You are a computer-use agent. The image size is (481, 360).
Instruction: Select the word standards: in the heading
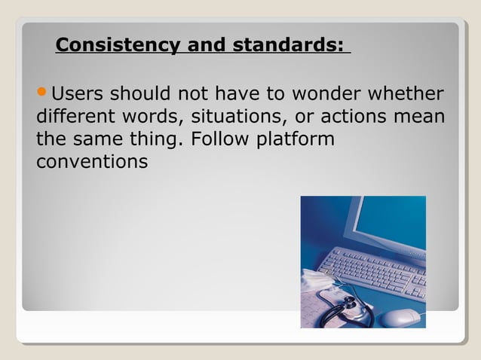[x=290, y=46]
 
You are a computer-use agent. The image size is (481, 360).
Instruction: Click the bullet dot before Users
[x=42, y=96]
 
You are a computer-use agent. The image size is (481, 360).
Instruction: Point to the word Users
[x=78, y=96]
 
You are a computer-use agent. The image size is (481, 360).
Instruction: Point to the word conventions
[x=91, y=163]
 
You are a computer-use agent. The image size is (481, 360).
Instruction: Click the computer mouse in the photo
[x=400, y=316]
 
